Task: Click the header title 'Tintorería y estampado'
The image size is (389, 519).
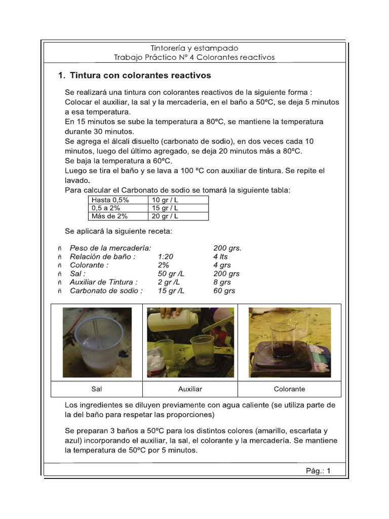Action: pos(194,48)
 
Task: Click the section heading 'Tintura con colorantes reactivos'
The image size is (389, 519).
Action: pos(140,76)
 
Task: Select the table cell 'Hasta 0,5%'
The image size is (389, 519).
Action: pos(110,200)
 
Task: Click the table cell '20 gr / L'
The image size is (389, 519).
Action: pos(165,216)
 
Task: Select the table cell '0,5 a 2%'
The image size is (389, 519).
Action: pos(107,208)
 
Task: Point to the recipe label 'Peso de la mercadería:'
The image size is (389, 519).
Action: pos(110,248)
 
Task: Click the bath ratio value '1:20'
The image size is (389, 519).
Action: pos(166,256)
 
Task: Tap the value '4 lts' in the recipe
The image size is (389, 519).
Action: pos(221,256)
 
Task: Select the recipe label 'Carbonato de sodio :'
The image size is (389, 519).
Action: pos(106,291)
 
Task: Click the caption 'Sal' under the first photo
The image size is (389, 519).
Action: pos(97,389)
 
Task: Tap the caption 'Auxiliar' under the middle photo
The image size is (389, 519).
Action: pos(190,389)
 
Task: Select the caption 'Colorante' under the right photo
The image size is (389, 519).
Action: pos(289,389)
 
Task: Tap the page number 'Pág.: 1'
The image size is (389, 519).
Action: pos(318,470)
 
